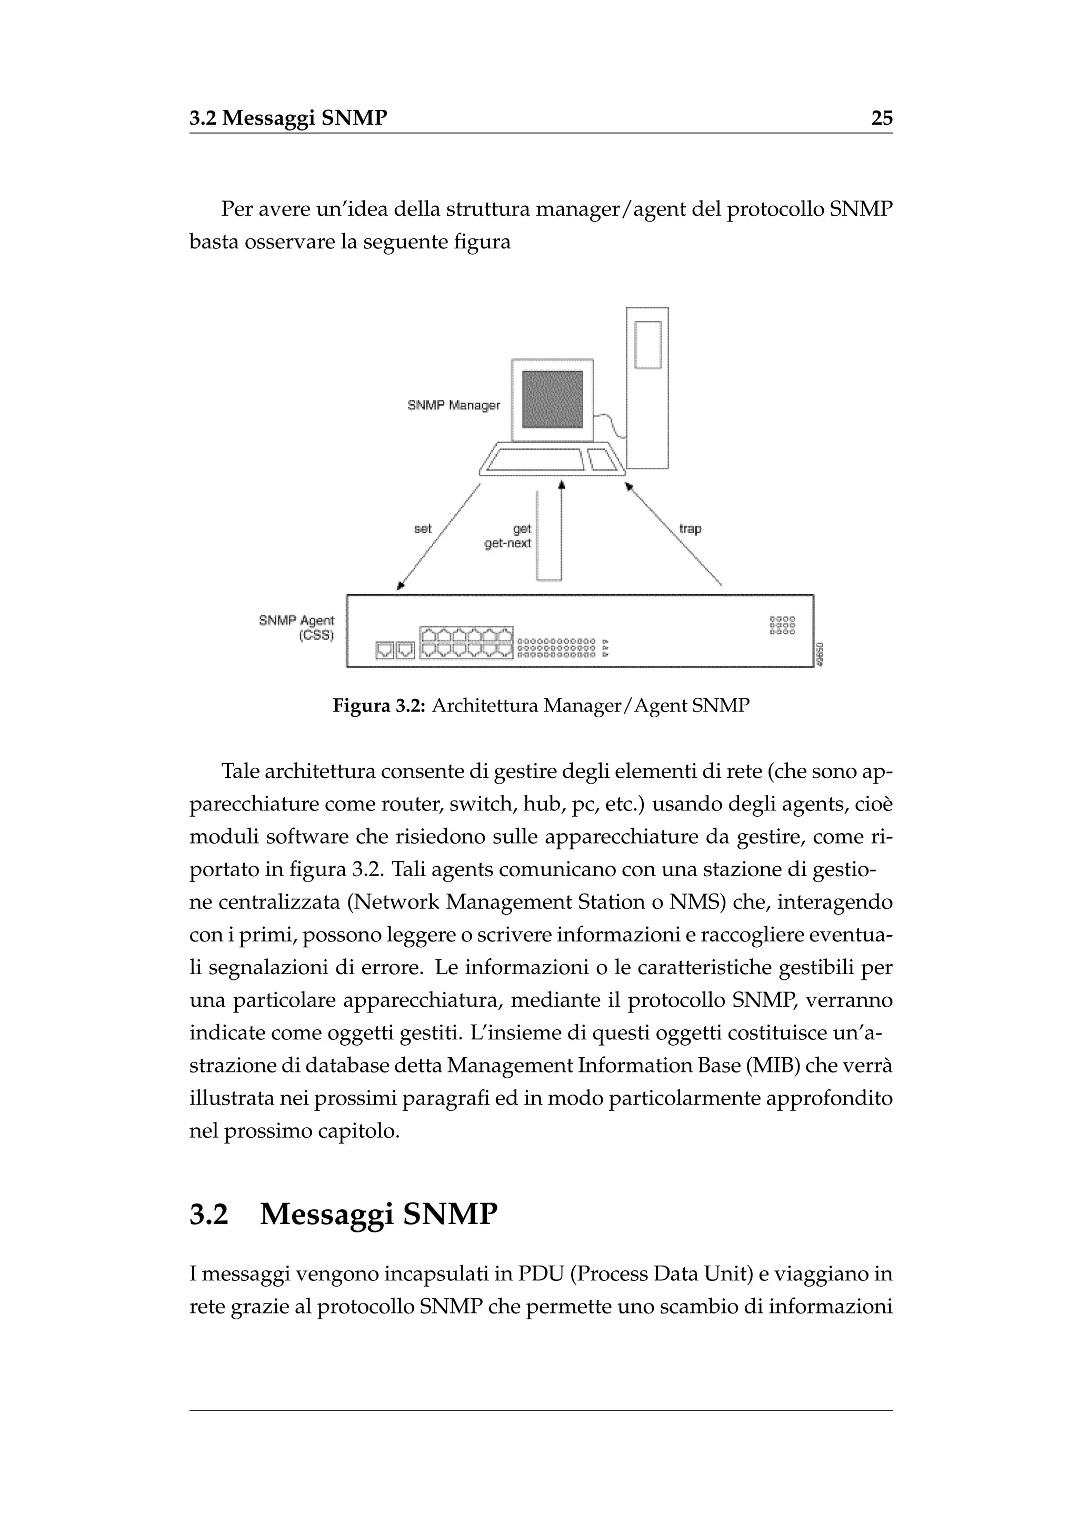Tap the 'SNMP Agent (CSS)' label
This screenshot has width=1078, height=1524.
click(x=297, y=627)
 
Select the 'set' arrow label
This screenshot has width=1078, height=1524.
click(x=422, y=528)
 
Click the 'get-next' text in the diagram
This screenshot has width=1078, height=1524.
click(x=508, y=543)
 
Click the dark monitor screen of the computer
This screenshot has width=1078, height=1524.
click(x=552, y=399)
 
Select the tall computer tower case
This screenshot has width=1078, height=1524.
click(x=647, y=388)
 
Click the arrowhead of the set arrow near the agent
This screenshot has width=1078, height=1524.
click(x=400, y=585)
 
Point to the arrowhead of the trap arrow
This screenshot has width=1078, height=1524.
click(x=628, y=487)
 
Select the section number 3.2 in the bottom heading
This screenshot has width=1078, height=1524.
click(x=208, y=1214)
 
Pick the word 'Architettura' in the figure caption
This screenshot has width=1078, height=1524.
click(x=485, y=706)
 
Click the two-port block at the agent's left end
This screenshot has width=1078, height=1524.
click(x=395, y=650)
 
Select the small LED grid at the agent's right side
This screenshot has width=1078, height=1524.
click(x=782, y=625)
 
